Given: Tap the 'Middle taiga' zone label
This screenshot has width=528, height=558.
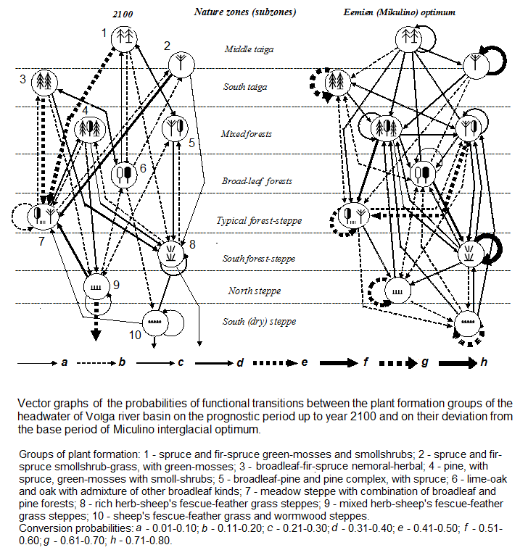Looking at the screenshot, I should (249, 49).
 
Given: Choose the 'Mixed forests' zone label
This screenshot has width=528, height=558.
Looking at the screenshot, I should (247, 134).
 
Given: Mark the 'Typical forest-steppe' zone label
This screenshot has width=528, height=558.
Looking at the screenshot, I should (250, 220).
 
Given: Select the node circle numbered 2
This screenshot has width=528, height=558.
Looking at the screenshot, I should (177, 65).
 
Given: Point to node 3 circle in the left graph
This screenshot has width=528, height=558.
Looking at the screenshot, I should (45, 81).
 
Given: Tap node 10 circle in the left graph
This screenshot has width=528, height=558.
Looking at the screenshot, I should (154, 321).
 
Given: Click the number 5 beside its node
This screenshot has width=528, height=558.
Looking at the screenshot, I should (192, 143).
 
